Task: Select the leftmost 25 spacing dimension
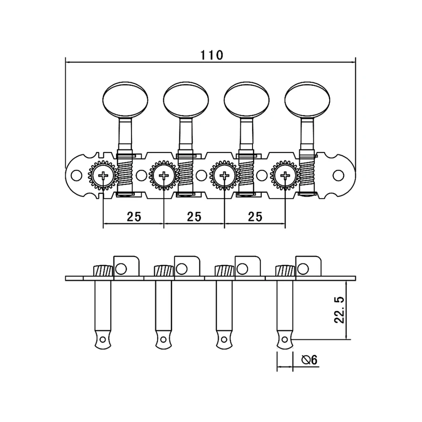[134, 216]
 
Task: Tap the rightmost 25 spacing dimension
[256, 216]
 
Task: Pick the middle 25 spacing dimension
[195, 216]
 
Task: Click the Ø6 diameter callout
[309, 360]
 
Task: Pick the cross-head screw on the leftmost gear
[103, 176]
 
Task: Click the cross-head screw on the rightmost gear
[285, 176]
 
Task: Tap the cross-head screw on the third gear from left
[224, 176]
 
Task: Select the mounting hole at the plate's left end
[75, 175]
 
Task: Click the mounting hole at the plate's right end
[338, 175]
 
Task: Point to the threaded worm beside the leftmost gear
[124, 174]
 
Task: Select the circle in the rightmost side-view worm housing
[303, 269]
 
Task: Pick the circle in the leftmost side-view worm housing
[120, 269]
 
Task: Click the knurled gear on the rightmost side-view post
[285, 271]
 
